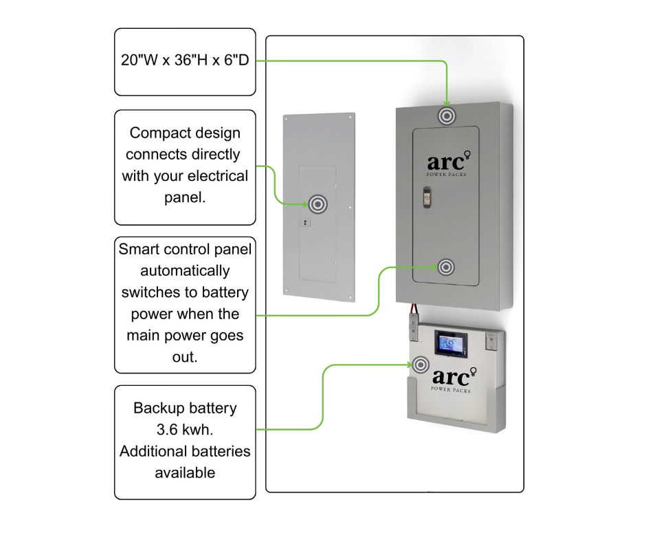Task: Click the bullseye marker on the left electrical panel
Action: coord(318,204)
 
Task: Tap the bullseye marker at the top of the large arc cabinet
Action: coord(447,116)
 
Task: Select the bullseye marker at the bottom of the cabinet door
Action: coord(446,267)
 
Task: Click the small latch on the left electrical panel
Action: coord(307,223)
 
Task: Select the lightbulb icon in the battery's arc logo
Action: coord(474,372)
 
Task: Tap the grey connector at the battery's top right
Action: coord(492,338)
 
